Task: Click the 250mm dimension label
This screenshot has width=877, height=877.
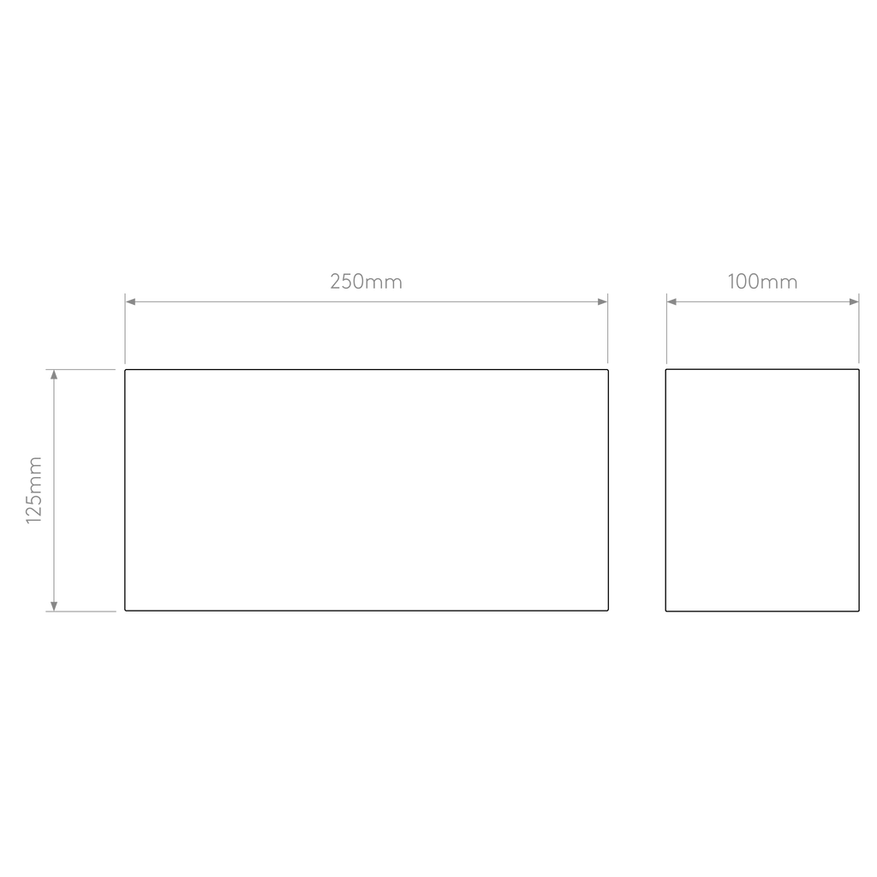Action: pyautogui.click(x=366, y=281)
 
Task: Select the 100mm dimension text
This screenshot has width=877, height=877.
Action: pyautogui.click(x=762, y=281)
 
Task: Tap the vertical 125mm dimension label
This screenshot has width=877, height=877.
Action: pyautogui.click(x=34, y=490)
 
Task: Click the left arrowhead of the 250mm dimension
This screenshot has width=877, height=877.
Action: pyautogui.click(x=130, y=302)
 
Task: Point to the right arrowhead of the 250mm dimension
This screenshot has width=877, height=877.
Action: pyautogui.click(x=602, y=302)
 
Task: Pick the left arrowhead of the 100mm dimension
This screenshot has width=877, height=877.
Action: pyautogui.click(x=672, y=302)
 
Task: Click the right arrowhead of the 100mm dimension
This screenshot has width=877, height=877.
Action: pyautogui.click(x=854, y=302)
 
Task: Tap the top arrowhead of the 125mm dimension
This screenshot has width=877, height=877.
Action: pyautogui.click(x=54, y=375)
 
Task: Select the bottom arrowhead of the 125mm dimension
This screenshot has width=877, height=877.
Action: pyautogui.click(x=54, y=606)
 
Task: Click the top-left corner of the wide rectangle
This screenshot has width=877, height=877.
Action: pyautogui.click(x=125, y=370)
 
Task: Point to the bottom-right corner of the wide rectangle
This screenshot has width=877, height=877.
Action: pyautogui.click(x=608, y=610)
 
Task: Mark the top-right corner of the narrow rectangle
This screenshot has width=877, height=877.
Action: pyautogui.click(x=858, y=370)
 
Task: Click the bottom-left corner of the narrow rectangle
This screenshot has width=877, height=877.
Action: pyautogui.click(x=666, y=611)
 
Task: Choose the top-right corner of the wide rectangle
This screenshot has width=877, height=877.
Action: pyautogui.click(x=608, y=370)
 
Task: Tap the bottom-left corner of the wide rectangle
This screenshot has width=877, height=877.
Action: pyautogui.click(x=125, y=610)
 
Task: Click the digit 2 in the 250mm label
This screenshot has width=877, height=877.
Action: pyautogui.click(x=336, y=281)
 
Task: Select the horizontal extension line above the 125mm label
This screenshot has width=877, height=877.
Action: pyautogui.click(x=81, y=370)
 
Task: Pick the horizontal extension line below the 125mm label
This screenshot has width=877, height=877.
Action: pyautogui.click(x=81, y=612)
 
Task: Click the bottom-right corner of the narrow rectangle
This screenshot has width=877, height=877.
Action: pyautogui.click(x=858, y=611)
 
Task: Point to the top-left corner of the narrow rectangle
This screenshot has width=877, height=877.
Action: pyautogui.click(x=666, y=370)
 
